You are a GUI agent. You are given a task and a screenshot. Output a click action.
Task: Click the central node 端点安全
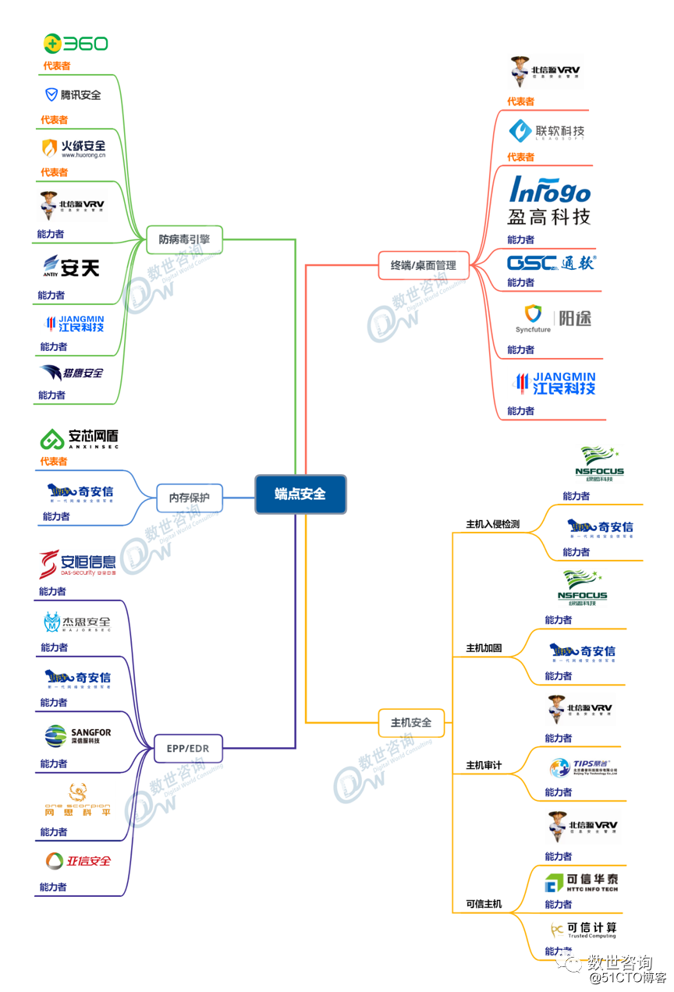[x=300, y=494]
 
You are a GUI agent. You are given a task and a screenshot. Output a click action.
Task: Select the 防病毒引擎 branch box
[x=184, y=239]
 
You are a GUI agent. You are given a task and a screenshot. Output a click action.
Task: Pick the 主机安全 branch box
[x=410, y=723]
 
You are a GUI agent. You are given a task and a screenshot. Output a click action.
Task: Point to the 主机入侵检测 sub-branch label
[x=492, y=524]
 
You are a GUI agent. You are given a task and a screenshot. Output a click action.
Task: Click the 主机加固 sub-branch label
[x=484, y=648]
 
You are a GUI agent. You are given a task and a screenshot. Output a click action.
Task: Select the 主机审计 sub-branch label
[x=484, y=766]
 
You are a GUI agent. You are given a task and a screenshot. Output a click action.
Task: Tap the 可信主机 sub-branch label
[x=484, y=905]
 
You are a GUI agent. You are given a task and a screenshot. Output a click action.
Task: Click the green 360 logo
[x=76, y=44]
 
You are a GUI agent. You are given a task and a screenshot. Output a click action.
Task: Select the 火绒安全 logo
[x=73, y=147]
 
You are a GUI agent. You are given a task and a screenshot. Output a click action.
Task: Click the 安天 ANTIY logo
[x=71, y=268]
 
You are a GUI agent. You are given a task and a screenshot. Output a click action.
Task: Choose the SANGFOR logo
[x=78, y=735]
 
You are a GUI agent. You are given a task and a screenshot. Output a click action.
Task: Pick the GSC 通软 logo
[x=551, y=263]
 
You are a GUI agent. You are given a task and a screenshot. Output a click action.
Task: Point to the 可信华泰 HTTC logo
[x=581, y=883]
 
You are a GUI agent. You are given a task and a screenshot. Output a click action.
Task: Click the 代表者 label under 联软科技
[x=520, y=157]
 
